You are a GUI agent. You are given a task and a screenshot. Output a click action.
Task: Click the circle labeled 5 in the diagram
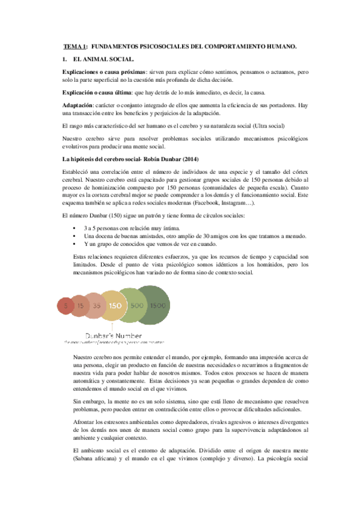pyautogui.click(x=65, y=306)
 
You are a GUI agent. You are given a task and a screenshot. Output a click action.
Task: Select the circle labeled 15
pyautogui.click(x=79, y=306)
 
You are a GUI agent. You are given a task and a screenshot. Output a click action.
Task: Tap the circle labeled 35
pyautogui.click(x=96, y=306)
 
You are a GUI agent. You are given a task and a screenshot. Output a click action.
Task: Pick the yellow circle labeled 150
pyautogui.click(x=115, y=306)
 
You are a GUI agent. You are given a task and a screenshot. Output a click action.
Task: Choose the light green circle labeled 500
pyautogui.click(x=137, y=306)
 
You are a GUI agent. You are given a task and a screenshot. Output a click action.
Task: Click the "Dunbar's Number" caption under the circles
pyautogui.click(x=114, y=335)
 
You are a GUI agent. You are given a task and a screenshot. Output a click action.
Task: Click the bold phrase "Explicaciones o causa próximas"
pyautogui.click(x=104, y=72)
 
